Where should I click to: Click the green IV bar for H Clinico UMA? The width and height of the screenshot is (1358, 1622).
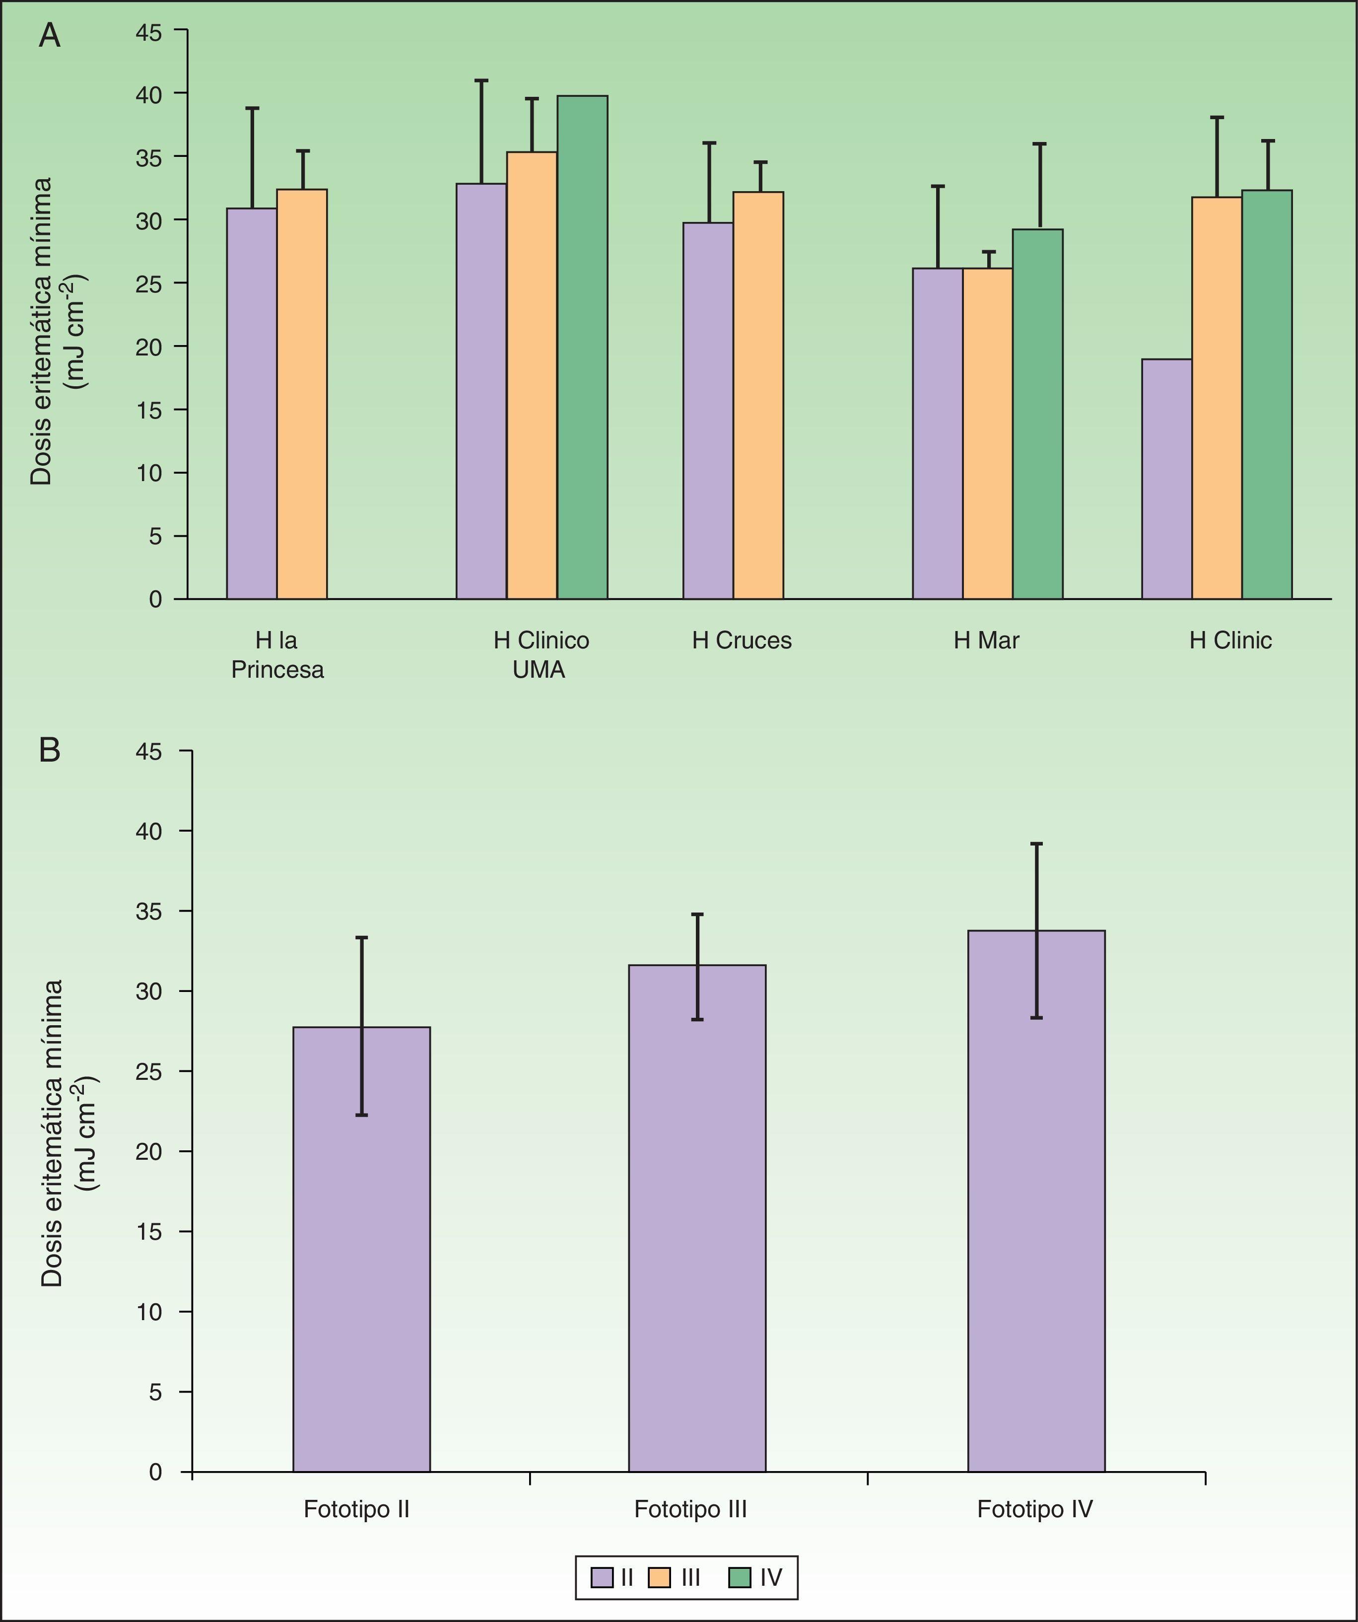tap(582, 348)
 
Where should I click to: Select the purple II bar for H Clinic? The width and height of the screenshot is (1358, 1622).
tap(1166, 479)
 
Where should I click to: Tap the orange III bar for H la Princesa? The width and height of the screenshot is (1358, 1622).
tap(302, 394)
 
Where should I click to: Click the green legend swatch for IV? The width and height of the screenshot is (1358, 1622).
tap(739, 1576)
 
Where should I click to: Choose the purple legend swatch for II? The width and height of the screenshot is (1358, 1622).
tap(602, 1576)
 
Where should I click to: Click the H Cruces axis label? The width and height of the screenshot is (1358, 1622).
tap(741, 640)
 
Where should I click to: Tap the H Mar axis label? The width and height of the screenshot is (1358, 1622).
tap(986, 640)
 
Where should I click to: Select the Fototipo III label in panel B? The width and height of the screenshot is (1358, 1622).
tap(690, 1509)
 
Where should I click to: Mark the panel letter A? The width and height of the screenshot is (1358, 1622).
tap(50, 36)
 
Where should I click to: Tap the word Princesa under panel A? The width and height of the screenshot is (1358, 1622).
tap(277, 670)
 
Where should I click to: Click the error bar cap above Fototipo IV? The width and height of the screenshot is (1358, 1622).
tap(1036, 844)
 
